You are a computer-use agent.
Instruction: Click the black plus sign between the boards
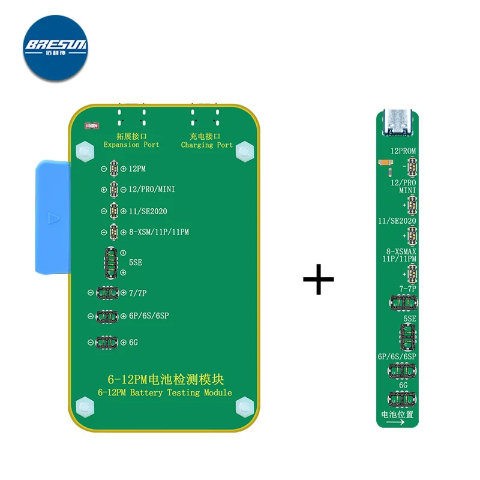(x=318, y=279)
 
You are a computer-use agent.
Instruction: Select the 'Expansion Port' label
(x=131, y=145)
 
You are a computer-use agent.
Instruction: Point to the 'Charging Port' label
(x=207, y=145)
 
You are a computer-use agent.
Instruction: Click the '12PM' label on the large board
(x=137, y=169)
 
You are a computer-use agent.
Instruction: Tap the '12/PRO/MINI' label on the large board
(x=151, y=190)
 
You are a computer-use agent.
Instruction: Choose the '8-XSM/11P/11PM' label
(x=158, y=232)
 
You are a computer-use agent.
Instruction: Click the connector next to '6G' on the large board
(x=109, y=342)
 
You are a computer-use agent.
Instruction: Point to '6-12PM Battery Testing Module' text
(x=164, y=392)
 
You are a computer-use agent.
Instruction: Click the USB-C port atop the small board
(x=397, y=122)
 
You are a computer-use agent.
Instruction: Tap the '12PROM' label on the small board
(x=404, y=151)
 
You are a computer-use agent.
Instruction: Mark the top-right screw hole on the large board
(x=243, y=151)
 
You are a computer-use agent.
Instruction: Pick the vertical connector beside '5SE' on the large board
(x=110, y=262)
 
